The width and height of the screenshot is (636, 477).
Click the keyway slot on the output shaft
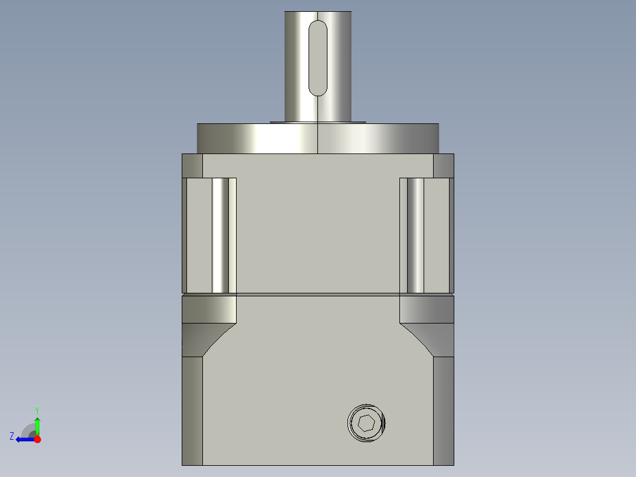click(317, 58)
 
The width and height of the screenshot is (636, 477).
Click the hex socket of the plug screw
click(366, 423)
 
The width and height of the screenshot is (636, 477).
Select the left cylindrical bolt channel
click(220, 235)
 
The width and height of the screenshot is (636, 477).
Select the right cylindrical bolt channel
click(415, 235)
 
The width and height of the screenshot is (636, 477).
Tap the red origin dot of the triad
click(37, 439)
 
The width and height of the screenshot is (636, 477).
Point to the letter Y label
click(37, 410)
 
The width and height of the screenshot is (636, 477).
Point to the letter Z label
click(12, 436)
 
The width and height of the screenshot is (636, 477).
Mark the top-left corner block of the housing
click(192, 165)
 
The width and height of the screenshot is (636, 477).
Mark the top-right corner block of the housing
click(444, 165)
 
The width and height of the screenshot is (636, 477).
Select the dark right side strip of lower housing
click(444, 410)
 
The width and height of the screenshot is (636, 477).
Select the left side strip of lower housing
click(192, 410)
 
